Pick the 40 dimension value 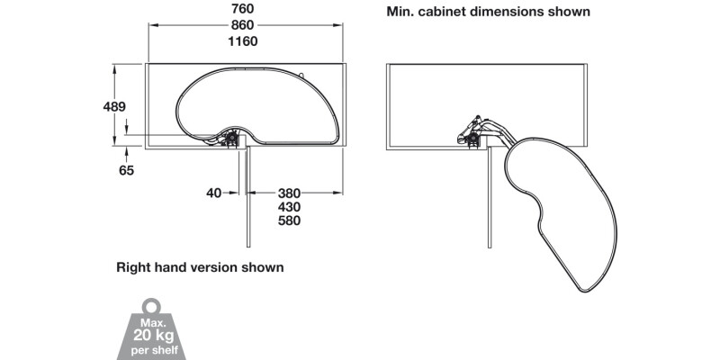pyautogui.click(x=213, y=192)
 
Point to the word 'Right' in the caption pyautogui.click(x=133, y=267)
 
